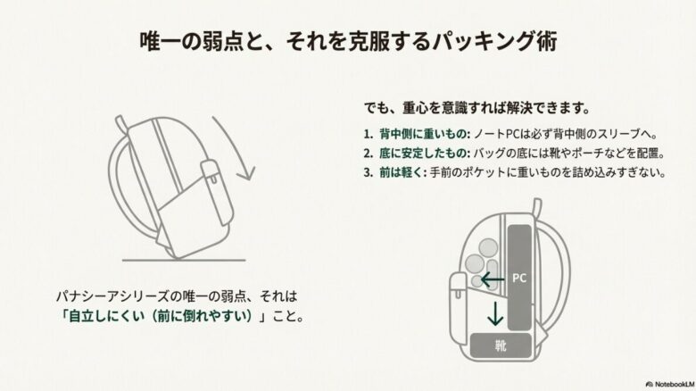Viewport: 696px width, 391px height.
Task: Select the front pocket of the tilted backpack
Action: [211, 179]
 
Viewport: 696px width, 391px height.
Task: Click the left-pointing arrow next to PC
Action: [492, 279]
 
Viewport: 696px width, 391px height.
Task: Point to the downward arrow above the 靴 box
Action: [492, 313]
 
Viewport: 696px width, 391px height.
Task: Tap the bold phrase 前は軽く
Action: [404, 172]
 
